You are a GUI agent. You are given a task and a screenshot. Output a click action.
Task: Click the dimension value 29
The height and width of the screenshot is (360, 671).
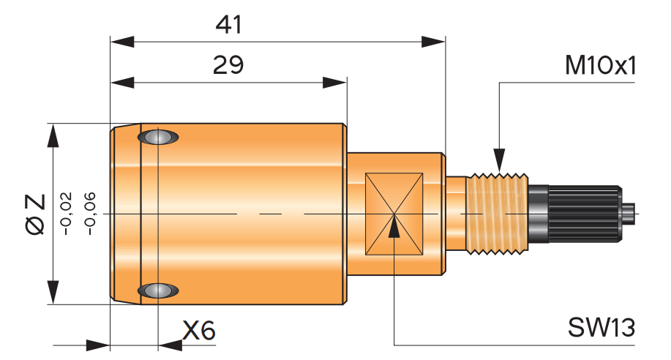click(228, 65)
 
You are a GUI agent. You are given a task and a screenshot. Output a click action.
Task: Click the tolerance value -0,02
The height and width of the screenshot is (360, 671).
click(67, 214)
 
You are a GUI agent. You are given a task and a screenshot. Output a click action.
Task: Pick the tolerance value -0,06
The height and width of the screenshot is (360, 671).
click(89, 214)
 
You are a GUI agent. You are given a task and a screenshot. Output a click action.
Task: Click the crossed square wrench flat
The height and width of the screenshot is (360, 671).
click(394, 214)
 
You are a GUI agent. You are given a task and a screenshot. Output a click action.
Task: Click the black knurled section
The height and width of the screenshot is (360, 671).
click(582, 214)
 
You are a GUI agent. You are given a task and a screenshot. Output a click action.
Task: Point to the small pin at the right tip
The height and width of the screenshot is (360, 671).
click(629, 214)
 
